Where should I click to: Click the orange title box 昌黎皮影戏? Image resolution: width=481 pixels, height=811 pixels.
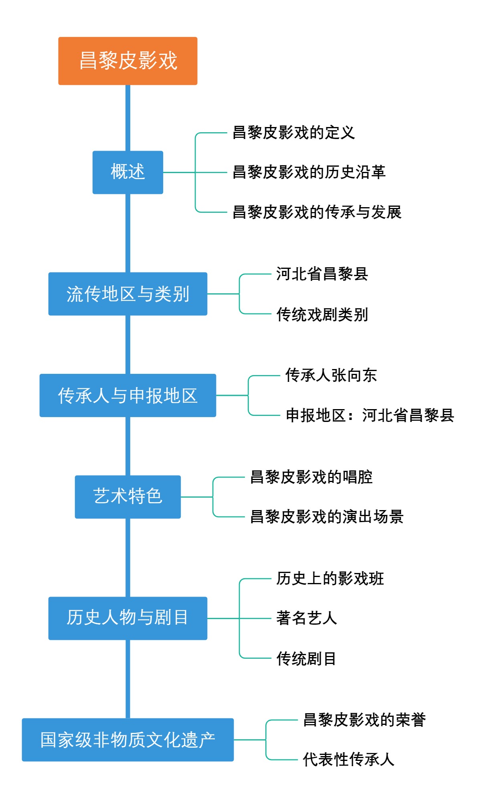(x=127, y=61)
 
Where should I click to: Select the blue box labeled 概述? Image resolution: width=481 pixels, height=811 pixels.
(x=127, y=172)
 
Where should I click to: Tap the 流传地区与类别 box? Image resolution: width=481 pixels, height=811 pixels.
(x=127, y=294)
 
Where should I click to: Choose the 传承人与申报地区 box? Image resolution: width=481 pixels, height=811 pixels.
(x=127, y=395)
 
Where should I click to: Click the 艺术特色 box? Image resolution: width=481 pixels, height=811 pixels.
(x=127, y=496)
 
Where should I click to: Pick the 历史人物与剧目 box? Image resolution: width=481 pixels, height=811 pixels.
(x=127, y=618)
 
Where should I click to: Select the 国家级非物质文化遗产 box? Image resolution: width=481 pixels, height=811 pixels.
(x=127, y=739)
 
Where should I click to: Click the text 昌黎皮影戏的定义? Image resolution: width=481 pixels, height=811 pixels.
(x=294, y=133)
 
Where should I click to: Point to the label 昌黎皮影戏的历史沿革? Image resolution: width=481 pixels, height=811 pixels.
(x=309, y=172)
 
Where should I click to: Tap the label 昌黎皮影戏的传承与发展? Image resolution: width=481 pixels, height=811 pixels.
(x=317, y=212)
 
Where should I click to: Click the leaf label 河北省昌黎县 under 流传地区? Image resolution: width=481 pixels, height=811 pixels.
(x=322, y=274)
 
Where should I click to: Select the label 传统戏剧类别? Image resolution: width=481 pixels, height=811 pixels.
(x=322, y=314)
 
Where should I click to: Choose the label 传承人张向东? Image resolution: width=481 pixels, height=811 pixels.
(x=331, y=375)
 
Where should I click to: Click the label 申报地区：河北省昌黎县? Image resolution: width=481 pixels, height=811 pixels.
(x=370, y=415)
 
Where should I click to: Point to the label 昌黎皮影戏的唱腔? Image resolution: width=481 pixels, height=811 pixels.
(x=311, y=477)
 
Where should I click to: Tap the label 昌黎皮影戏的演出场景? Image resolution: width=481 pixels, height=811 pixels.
(x=327, y=516)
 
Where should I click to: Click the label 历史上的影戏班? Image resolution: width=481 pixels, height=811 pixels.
(x=330, y=579)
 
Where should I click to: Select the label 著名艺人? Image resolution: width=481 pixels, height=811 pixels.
(x=307, y=618)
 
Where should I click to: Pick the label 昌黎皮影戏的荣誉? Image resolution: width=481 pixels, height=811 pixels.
(x=364, y=720)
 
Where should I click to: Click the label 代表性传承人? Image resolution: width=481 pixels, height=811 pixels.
(x=349, y=759)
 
